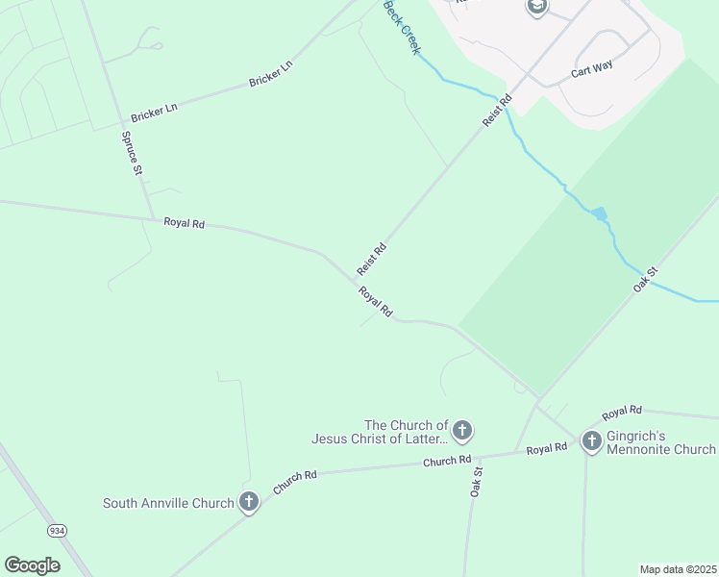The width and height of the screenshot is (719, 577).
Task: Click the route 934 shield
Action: (57, 530)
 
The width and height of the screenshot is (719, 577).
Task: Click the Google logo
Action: (32, 565)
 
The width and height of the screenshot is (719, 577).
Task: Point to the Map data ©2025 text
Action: (678, 569)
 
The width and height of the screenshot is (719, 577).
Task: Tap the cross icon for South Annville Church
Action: (249, 501)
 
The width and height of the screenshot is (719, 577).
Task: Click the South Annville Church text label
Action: (168, 503)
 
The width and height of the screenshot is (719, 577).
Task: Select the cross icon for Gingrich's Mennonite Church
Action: (591, 440)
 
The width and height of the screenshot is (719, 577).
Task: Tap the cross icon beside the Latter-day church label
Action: (462, 430)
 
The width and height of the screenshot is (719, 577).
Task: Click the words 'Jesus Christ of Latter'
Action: (380, 439)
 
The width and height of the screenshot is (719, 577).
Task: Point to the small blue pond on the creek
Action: (600, 213)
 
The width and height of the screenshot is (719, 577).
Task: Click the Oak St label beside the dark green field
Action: (645, 279)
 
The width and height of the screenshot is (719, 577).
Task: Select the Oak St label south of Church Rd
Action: (477, 482)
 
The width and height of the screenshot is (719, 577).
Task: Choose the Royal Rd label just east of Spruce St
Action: (184, 223)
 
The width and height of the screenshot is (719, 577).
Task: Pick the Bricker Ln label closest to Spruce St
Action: (154, 113)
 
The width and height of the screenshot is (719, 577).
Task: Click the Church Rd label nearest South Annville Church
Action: (294, 482)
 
